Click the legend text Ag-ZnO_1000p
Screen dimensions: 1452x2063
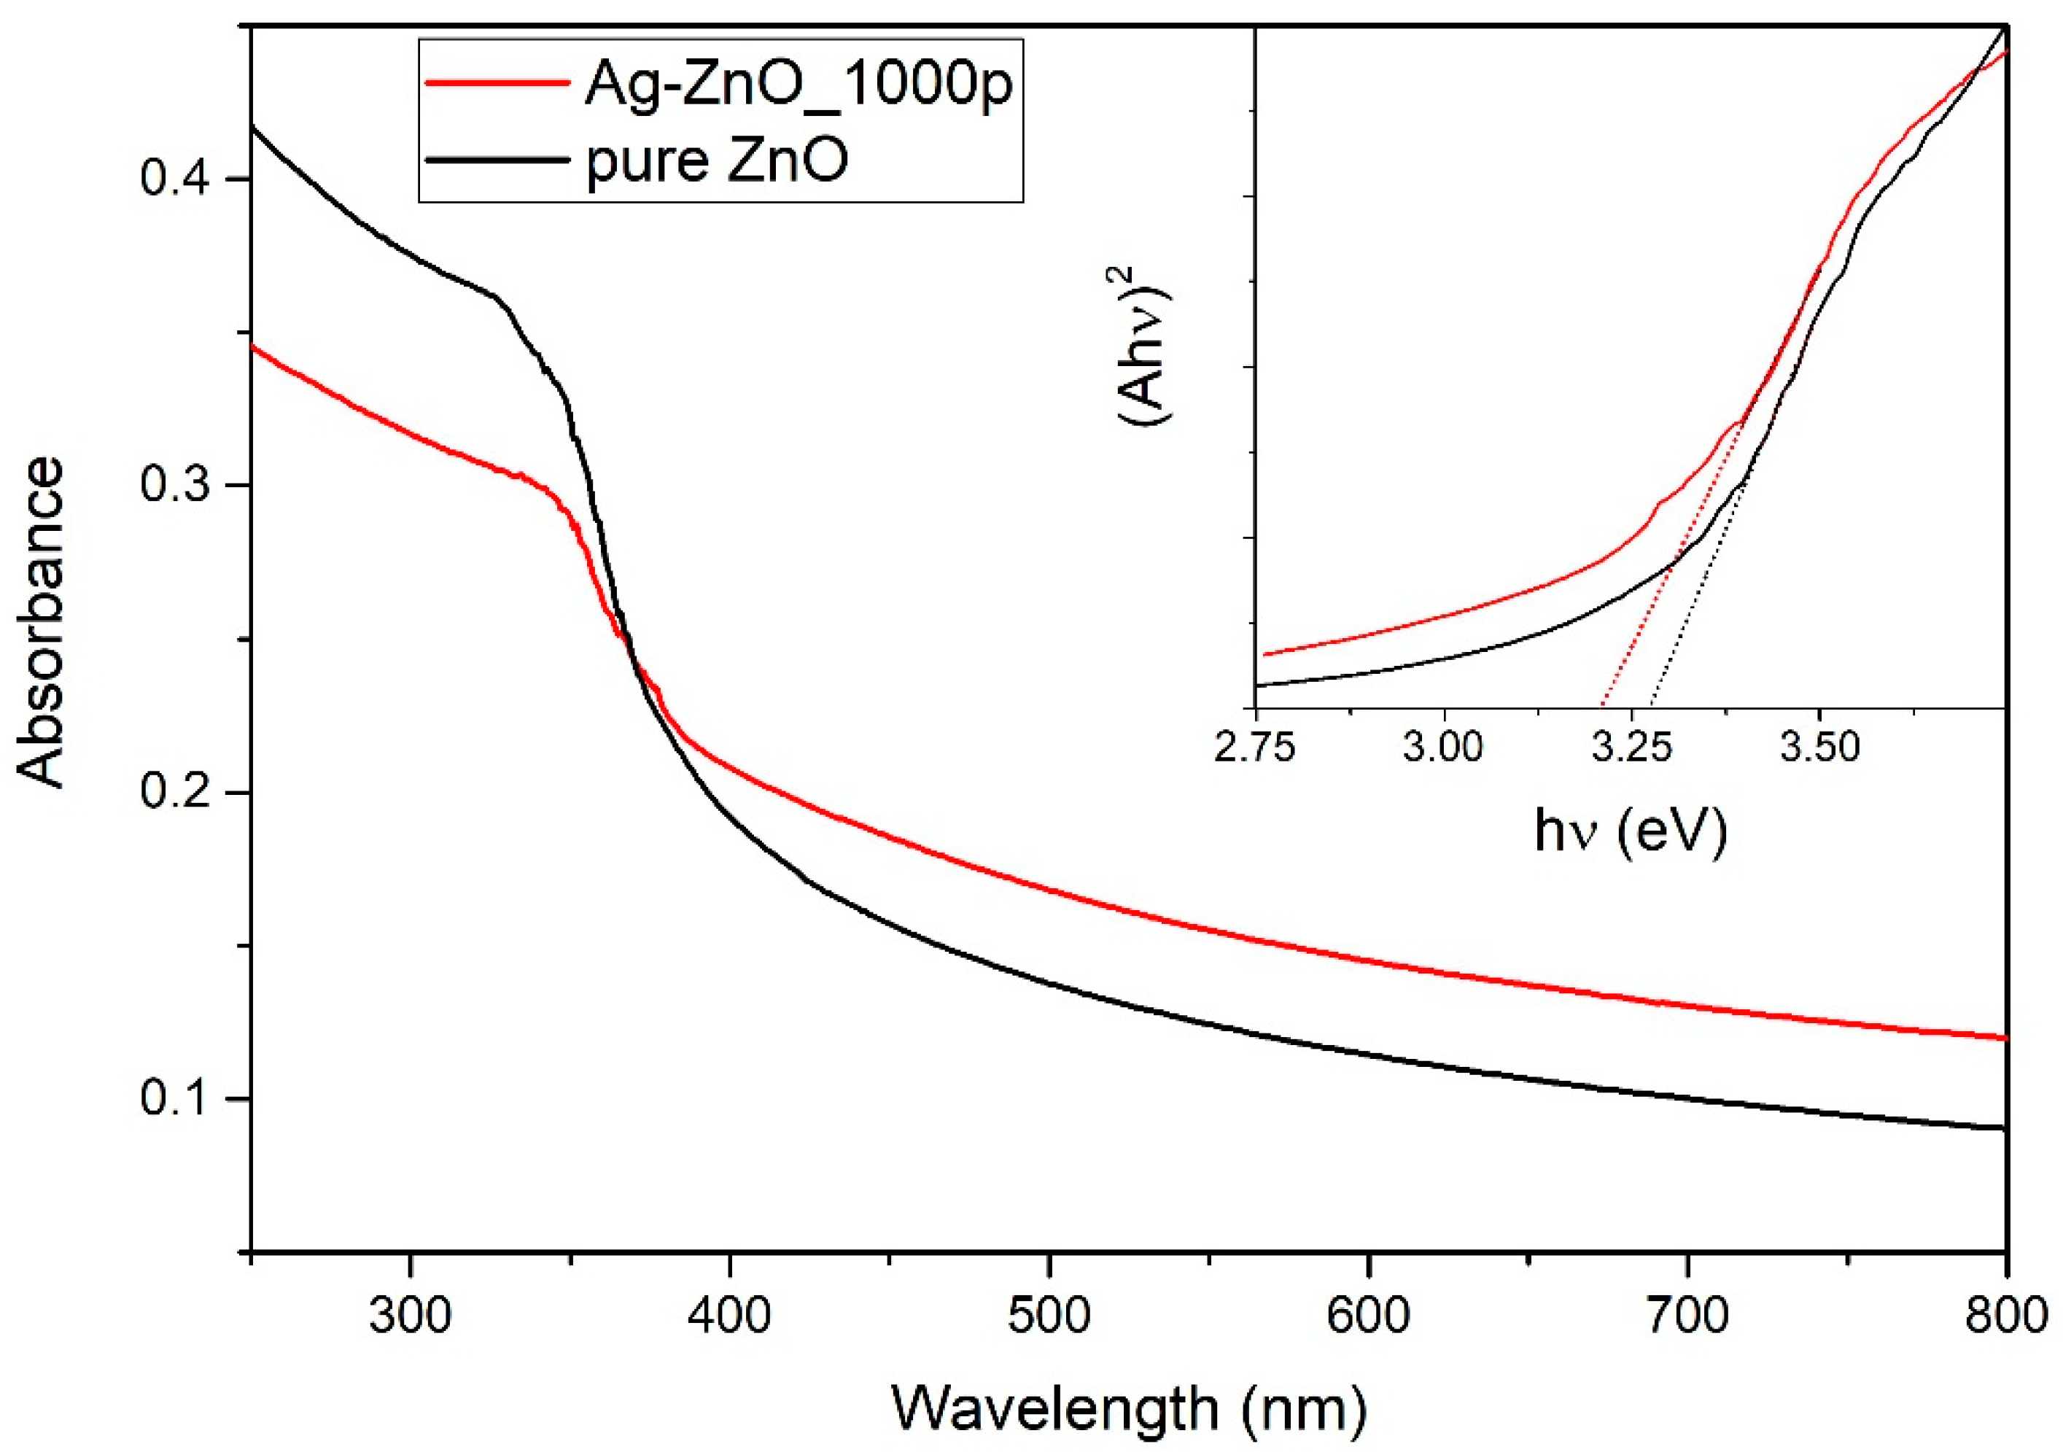[798, 85]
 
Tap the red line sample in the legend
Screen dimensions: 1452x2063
[497, 82]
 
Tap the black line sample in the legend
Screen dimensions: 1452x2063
[497, 160]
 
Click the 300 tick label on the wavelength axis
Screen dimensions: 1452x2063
[410, 1317]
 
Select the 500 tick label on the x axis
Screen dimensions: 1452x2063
[1049, 1317]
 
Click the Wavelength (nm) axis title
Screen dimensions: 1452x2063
[1129, 1409]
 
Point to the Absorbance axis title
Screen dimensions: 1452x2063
[40, 624]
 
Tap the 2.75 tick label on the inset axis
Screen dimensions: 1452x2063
[1255, 747]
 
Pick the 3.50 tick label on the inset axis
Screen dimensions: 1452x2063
[1819, 747]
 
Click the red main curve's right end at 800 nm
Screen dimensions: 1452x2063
[2005, 1038]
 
